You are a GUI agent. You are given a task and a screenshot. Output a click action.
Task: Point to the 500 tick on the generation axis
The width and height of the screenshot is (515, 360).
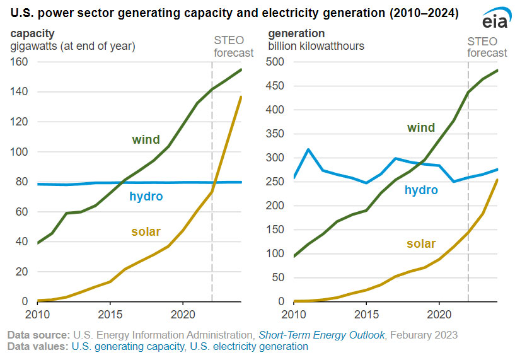pos(275,62)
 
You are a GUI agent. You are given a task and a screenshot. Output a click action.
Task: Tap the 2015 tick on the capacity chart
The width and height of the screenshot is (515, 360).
pos(110,313)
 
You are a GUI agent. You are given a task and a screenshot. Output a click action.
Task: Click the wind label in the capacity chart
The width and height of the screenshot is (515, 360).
pos(146,139)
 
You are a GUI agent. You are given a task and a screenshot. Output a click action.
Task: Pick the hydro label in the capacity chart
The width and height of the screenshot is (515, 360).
pos(146,197)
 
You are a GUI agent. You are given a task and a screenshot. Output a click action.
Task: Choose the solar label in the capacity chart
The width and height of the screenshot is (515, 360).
pos(146,232)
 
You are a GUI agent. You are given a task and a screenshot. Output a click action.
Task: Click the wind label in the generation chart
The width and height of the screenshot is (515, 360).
pos(420,128)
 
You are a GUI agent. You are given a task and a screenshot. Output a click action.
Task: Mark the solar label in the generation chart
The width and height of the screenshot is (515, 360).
pos(420,243)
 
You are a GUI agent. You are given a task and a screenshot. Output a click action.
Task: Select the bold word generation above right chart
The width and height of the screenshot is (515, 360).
pos(296,33)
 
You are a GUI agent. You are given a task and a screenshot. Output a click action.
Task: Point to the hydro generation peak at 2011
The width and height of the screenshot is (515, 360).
pos(308,149)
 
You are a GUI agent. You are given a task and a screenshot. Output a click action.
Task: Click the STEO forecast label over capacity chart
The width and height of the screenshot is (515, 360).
pos(233,47)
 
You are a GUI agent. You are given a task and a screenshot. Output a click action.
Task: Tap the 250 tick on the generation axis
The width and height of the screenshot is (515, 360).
pos(275,182)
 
